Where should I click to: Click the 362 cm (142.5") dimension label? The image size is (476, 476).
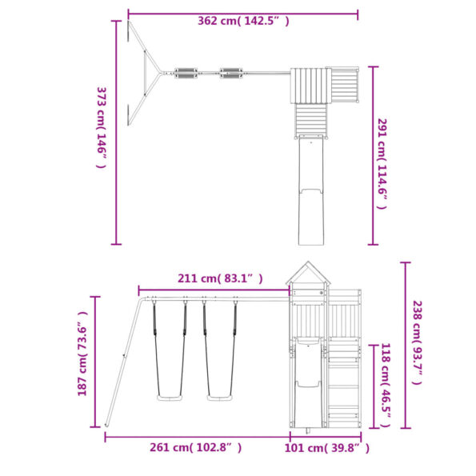[243, 21]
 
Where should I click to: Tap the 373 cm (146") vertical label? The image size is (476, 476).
[102, 127]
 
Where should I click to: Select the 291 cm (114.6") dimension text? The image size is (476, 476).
[382, 164]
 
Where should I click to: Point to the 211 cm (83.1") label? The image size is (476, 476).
[220, 278]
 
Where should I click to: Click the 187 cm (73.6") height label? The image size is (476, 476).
[82, 354]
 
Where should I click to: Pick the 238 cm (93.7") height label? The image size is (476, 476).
[417, 342]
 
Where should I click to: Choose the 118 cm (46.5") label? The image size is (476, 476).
[386, 385]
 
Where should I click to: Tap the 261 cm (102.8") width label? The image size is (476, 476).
[195, 447]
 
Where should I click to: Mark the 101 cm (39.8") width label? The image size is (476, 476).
[327, 448]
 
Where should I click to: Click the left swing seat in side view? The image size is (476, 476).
[170, 398]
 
